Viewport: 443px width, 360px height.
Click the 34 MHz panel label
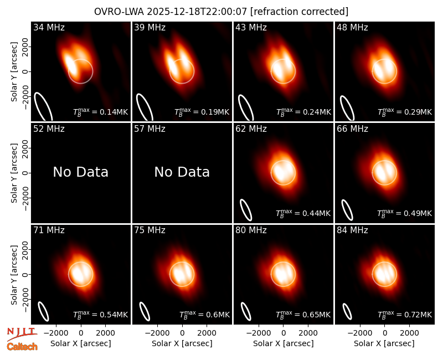click(49, 27)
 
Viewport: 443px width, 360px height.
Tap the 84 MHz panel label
click(352, 230)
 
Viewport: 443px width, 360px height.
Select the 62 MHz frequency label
click(251, 129)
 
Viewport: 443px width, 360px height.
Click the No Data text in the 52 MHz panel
click(81, 172)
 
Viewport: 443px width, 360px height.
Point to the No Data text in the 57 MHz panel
click(182, 172)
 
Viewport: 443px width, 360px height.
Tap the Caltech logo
click(22, 347)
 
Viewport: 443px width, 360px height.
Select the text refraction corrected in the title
click(299, 12)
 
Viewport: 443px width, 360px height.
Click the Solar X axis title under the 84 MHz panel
click(384, 343)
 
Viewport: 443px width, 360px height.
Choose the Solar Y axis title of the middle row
click(14, 173)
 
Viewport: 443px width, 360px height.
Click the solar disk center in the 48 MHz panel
click(384, 71)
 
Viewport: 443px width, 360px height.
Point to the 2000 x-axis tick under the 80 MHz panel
click(308, 333)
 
